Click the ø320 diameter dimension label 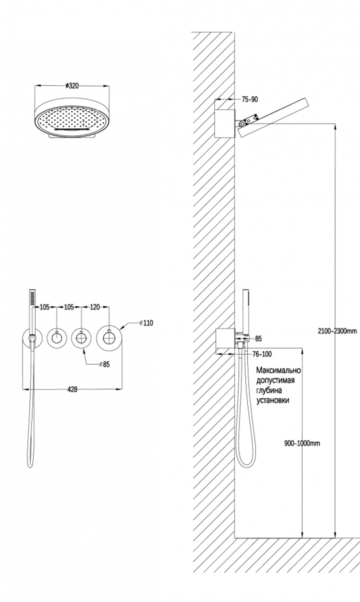(72, 86)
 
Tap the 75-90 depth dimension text (250, 99)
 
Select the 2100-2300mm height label (337, 331)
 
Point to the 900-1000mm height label (302, 443)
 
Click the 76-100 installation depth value (262, 354)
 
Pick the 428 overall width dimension (72, 390)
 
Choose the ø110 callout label (147, 323)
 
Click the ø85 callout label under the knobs (104, 364)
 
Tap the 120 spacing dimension (95, 307)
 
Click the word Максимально (278, 370)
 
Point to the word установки (273, 400)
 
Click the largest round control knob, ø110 (109, 338)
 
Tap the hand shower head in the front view (33, 297)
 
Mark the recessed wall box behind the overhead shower (225, 123)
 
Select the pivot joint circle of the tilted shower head (243, 123)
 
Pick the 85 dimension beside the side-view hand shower (258, 339)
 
